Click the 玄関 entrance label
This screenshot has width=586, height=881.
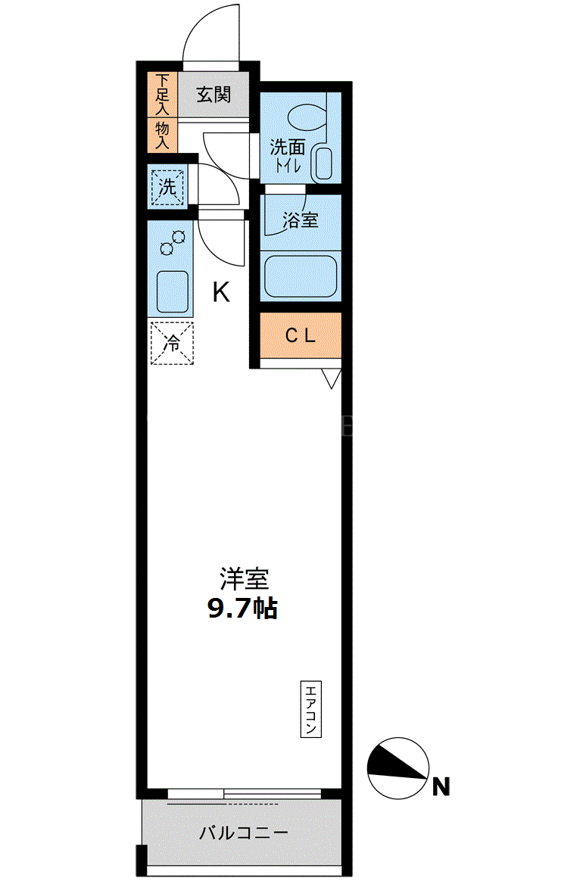click(x=214, y=95)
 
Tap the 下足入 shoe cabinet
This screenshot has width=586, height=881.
click(x=162, y=95)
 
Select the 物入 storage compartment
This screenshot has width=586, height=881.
click(x=162, y=135)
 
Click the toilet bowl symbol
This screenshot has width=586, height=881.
click(x=306, y=115)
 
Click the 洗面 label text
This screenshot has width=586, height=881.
click(x=287, y=147)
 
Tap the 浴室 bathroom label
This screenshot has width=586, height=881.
click(x=301, y=219)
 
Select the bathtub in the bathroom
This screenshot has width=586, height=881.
click(x=301, y=276)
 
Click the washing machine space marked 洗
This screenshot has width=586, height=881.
click(x=167, y=186)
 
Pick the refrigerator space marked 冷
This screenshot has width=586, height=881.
click(x=172, y=343)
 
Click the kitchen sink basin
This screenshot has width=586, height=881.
click(x=172, y=291)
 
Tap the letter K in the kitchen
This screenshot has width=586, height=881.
click(x=221, y=292)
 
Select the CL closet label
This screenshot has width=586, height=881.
click(x=301, y=335)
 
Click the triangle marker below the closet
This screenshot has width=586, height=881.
click(x=331, y=378)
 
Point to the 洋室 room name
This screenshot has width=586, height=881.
click(x=244, y=579)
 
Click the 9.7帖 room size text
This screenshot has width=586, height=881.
click(x=243, y=608)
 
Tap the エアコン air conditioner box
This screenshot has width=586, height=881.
click(x=310, y=709)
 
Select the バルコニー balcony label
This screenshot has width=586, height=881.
click(x=244, y=832)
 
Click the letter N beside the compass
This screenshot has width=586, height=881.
click(x=441, y=786)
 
